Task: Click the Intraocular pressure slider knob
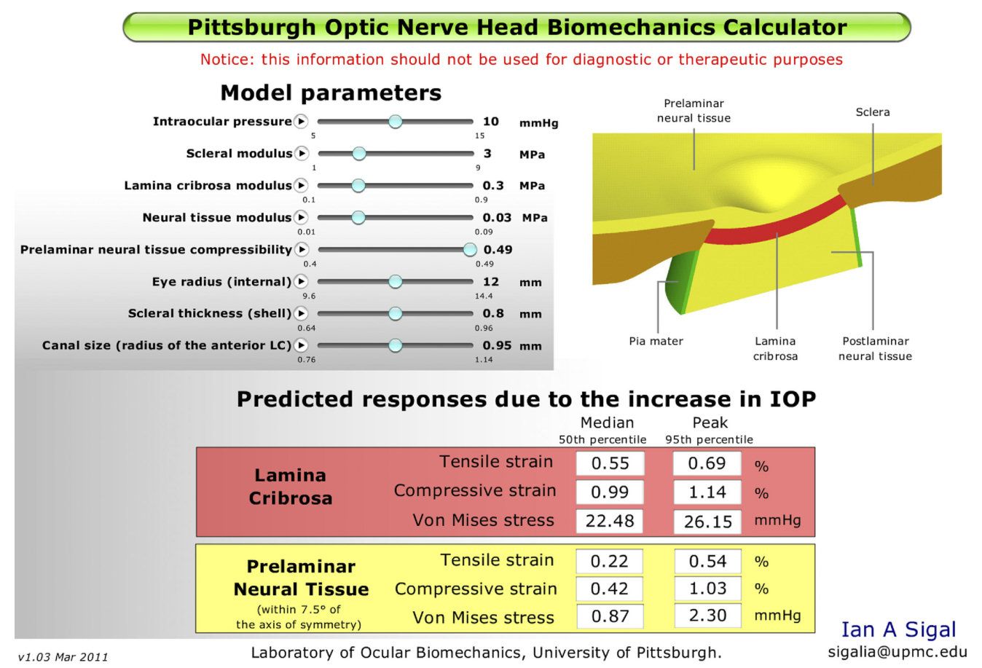395,122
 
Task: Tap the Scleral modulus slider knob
358,154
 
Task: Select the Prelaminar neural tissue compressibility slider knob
470,250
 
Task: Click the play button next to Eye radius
301,282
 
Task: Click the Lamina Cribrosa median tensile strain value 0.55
610,463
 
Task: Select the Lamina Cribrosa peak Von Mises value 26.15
707,522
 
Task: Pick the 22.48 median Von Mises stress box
610,522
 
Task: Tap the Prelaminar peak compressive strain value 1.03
707,589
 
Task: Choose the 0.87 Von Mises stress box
610,616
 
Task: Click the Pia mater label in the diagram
656,341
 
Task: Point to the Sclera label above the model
872,112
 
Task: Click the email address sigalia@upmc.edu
897,653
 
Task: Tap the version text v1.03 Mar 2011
63,657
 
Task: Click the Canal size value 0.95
497,345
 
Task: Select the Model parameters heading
331,93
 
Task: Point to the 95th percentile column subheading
709,440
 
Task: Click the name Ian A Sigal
898,629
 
